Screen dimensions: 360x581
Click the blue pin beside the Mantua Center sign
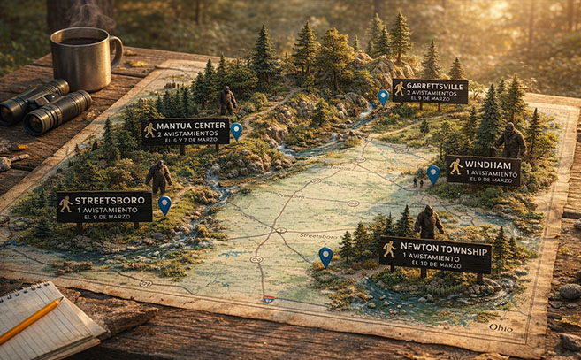236,130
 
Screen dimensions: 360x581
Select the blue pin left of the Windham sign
433,174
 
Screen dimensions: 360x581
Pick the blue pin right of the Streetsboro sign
164,204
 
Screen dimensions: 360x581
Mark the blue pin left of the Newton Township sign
325,256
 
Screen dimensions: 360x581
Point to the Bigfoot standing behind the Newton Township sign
428,222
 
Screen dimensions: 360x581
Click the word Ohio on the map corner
501,327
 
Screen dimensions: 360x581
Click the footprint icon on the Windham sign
455,167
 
